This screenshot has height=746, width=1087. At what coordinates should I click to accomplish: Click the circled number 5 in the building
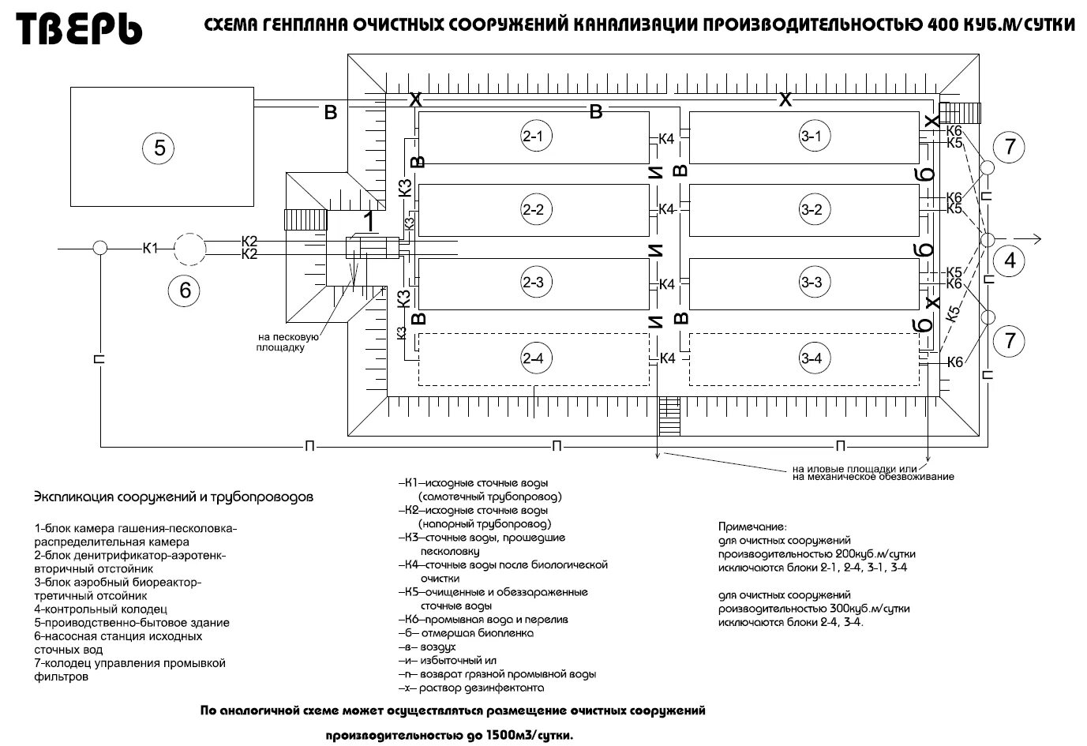coord(159,147)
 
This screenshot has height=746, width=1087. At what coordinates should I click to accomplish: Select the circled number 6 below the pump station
coord(185,290)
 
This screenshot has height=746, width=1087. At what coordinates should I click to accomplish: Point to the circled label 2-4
coord(533,358)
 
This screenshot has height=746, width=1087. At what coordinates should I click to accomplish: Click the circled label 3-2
coord(812,209)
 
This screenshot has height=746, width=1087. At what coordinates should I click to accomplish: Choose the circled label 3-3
coord(812,282)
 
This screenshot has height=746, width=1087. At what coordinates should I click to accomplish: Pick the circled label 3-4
coord(812,358)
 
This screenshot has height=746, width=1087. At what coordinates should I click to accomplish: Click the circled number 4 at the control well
coord(1009,260)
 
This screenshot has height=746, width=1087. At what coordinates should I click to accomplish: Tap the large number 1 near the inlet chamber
coord(366,222)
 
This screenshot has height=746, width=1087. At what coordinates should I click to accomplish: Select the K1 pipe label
coord(150,248)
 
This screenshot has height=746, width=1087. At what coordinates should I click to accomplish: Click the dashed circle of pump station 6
coord(189,249)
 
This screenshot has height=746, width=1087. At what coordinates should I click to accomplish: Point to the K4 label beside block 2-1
coord(667,140)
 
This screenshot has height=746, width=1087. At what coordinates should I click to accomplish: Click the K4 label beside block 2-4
coord(667,358)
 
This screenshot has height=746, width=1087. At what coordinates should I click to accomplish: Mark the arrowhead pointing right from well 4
coord(1038,238)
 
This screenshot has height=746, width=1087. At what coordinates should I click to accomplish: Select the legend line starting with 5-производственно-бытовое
coord(132,623)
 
